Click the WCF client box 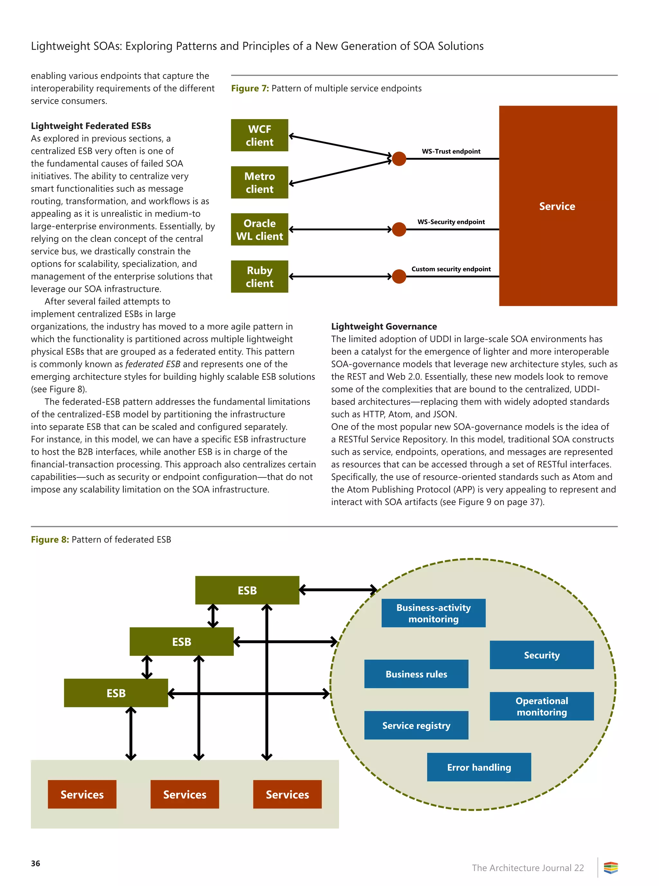[259, 135]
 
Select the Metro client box [259, 183]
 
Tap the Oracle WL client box [259, 230]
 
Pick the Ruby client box [259, 277]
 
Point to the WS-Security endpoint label [451, 222]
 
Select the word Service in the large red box [557, 206]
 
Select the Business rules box [416, 674]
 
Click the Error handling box [479, 767]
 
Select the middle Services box [185, 794]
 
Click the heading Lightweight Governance [384, 326]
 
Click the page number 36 [35, 863]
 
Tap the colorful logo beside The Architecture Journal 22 [610, 868]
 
